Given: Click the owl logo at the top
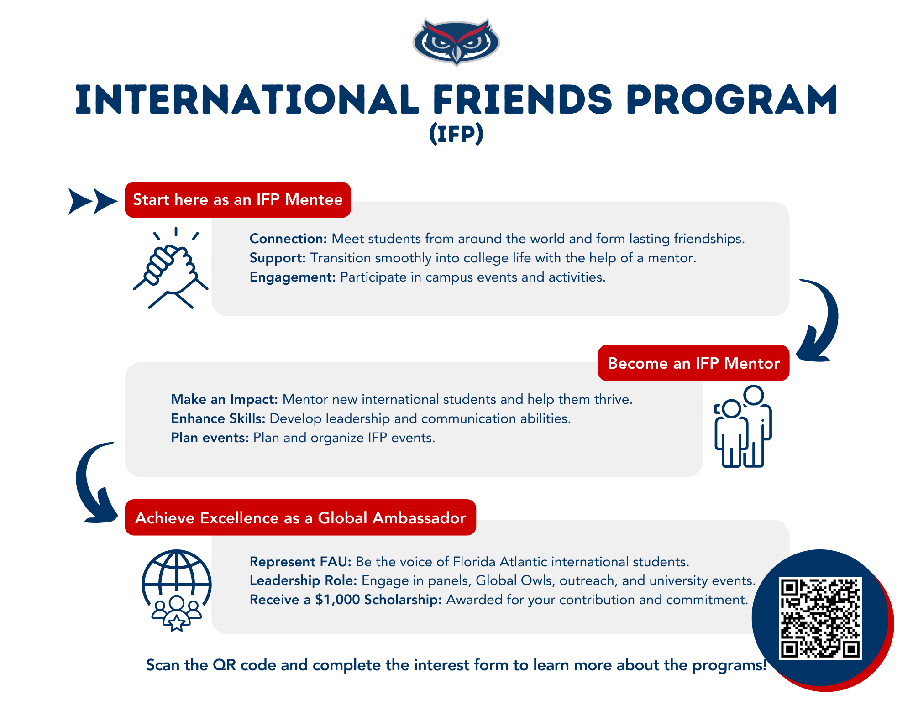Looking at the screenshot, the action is pos(456,42).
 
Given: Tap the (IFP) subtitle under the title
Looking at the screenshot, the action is pos(456,134).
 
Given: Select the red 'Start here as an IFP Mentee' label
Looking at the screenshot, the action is pos(238,200).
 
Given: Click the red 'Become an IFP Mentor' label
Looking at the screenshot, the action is pos(693,363).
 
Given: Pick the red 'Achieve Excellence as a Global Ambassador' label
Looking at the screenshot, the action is pos(300,517).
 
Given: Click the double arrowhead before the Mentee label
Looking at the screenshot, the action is pos(93,201).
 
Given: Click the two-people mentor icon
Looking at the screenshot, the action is pos(743,426).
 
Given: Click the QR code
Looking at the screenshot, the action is pos(820,618).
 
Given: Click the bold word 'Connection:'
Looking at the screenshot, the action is pos(289,239).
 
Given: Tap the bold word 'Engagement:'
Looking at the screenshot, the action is pos(293,277).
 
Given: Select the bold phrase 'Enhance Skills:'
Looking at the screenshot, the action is pos(218,418).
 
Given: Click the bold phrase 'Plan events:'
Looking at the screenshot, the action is pos(210,438).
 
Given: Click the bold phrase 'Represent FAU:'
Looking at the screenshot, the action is pos(300,561).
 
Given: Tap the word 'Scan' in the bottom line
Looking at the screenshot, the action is pos(163,665).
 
